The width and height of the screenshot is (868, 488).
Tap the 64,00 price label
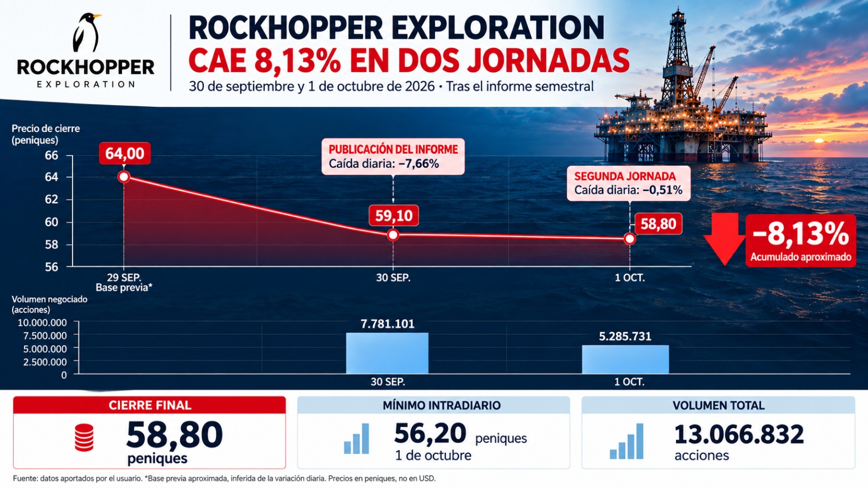point(125,153)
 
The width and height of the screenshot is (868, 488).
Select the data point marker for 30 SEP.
point(393,235)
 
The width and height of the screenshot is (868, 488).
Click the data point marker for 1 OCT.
point(630,239)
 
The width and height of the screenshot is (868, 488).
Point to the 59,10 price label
point(394,215)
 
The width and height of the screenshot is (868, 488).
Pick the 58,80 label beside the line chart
point(659,224)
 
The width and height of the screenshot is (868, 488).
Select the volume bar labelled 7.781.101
point(387,353)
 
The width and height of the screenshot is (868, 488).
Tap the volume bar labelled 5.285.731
point(626,359)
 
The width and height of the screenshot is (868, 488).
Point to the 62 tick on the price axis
point(52,199)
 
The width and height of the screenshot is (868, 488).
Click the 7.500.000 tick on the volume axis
point(45,336)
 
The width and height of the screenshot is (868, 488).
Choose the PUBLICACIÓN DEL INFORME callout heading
point(393,150)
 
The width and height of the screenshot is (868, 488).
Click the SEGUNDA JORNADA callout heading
point(625,177)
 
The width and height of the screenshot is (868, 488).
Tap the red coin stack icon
point(84,438)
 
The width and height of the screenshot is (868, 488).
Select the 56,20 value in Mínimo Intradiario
point(430,433)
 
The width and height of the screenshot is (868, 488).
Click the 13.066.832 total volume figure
point(739,434)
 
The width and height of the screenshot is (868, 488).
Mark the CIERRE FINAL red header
point(150,405)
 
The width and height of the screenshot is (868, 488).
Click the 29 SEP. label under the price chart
point(124,278)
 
